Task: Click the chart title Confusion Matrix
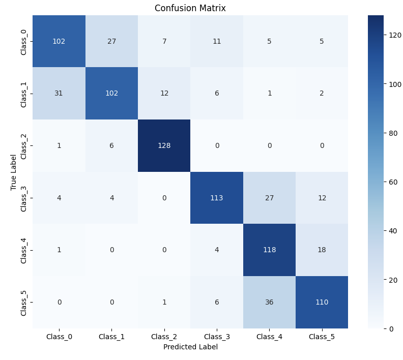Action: coord(190,8)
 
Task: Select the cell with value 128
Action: coord(164,145)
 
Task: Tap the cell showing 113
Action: coord(217,198)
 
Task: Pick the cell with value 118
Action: coord(269,250)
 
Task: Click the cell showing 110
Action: coord(322,302)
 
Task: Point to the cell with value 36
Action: coord(269,302)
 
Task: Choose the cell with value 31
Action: coord(59,93)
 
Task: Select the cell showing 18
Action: coord(322,250)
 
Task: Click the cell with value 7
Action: coord(164,41)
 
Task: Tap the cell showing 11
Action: coord(217,41)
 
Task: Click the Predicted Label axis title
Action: coord(190,347)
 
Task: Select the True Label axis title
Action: coord(14,172)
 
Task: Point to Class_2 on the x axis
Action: coord(164,336)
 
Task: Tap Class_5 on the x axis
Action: coord(322,336)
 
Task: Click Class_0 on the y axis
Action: coord(24,41)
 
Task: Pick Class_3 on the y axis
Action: coord(24,198)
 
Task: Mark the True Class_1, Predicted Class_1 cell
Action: coord(111,93)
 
